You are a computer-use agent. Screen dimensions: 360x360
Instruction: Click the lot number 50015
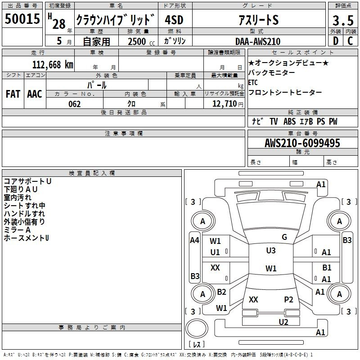[x=22, y=18]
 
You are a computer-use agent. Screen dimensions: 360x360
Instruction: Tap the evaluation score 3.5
[x=343, y=20]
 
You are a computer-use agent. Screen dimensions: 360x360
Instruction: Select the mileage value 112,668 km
[x=53, y=65]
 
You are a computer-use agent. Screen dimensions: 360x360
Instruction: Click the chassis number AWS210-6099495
[x=302, y=143]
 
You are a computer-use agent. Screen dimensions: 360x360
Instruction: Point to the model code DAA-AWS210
[x=258, y=41]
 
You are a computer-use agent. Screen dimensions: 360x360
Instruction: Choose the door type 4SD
[x=174, y=20]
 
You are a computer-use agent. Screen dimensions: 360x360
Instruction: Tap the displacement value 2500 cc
[x=141, y=41]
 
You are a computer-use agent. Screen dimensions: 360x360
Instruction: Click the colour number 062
[x=75, y=104]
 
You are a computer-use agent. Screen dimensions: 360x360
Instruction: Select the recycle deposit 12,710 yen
[x=228, y=104]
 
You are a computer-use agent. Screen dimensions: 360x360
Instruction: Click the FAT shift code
[x=13, y=94]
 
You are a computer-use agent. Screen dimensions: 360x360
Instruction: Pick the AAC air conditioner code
[x=35, y=94]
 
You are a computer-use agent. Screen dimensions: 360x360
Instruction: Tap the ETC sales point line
[x=253, y=82]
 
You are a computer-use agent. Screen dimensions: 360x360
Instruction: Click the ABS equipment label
[x=289, y=121]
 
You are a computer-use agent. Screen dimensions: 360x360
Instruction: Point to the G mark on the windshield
[x=284, y=237]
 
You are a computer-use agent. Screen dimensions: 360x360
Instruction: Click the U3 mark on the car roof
[x=271, y=251]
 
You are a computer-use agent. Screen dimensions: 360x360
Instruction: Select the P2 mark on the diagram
[x=288, y=300]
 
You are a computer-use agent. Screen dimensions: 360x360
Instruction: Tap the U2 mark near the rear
[x=283, y=322]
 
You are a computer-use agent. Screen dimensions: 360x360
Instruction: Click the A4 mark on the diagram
[x=195, y=240]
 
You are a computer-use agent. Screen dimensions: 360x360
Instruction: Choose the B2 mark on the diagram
[x=221, y=292]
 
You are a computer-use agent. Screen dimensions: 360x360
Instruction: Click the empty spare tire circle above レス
[x=197, y=328]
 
